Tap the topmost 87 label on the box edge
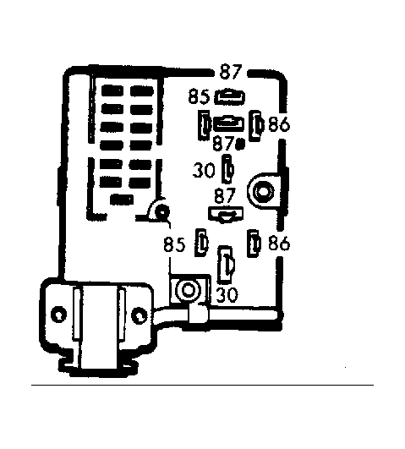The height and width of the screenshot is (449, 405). point(231,72)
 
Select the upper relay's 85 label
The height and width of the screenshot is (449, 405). point(199,96)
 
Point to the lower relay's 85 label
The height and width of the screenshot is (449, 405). point(174,245)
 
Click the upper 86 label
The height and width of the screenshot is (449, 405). point(279,124)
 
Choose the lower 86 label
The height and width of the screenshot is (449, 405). point(279,244)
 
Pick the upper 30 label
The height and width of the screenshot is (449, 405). point(204,170)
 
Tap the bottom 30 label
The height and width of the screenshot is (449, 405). point(227,294)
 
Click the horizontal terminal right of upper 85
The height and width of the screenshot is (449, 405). point(229,96)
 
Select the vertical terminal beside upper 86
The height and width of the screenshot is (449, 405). point(256,126)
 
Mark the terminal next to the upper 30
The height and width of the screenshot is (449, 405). point(228,169)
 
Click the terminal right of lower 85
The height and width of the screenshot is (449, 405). point(201,243)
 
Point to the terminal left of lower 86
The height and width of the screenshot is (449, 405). point(254,244)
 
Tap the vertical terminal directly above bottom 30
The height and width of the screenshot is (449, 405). point(226,265)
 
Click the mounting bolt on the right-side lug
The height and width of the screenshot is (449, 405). point(263,191)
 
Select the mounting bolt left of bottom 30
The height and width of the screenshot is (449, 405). point(188,290)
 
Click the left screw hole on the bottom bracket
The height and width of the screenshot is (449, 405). point(59,315)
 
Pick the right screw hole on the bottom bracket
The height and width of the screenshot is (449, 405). point(140,315)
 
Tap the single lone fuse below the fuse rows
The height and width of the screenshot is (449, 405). point(122,200)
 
